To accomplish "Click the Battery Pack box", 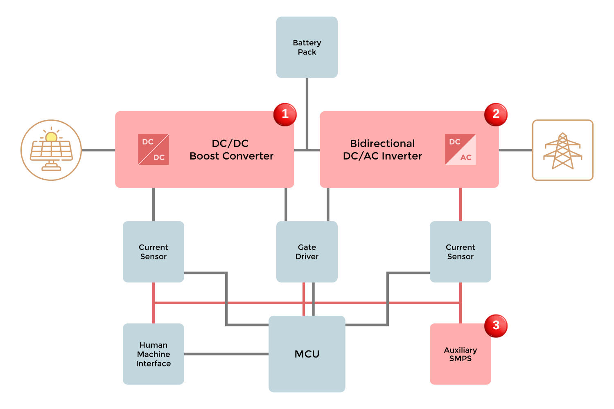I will click(x=307, y=47).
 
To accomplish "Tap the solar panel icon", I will click(x=51, y=150).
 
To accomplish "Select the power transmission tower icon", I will click(x=562, y=150).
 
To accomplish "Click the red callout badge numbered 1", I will click(x=285, y=115).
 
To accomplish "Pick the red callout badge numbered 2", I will click(x=496, y=115).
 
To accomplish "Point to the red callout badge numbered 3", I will click(x=496, y=326).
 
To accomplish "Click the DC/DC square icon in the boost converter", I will click(x=153, y=150).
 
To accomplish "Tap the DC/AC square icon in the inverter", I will click(x=460, y=150).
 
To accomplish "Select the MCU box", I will click(x=307, y=354).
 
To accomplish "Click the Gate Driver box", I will click(x=307, y=252).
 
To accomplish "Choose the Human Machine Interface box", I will click(x=153, y=354).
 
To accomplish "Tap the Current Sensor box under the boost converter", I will click(x=153, y=252).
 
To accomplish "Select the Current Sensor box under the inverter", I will click(x=460, y=252).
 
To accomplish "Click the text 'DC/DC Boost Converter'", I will click(x=231, y=150).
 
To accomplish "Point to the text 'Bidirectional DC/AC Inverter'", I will click(x=382, y=150).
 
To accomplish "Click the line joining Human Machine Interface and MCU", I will click(x=226, y=354).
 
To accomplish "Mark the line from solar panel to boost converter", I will click(x=98, y=150).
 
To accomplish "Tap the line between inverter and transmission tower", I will click(x=515, y=150).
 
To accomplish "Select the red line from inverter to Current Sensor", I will click(x=460, y=204).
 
